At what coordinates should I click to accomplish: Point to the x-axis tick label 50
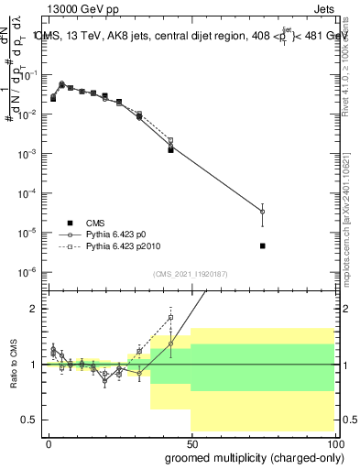point(191,442)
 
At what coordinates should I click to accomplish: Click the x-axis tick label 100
point(333,442)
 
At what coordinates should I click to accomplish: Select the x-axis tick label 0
point(49,442)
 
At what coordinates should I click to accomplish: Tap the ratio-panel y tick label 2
point(35,309)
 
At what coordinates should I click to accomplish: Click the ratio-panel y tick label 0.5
point(30,420)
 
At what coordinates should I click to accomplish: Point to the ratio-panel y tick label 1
point(35,365)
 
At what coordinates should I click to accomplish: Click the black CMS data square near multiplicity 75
point(263,245)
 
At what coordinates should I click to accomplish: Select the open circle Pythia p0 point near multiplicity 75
point(263,212)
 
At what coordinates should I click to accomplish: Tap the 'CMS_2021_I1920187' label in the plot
point(190,273)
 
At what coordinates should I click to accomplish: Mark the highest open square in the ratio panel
point(170,318)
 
